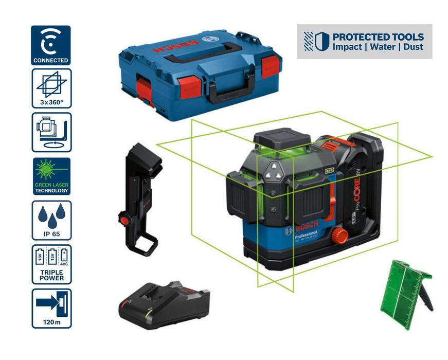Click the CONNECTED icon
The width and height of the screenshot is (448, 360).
(51, 45)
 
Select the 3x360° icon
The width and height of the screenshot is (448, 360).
(51, 88)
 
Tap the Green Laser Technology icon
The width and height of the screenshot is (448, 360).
(51, 176)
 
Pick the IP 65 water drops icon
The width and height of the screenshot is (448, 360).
(51, 220)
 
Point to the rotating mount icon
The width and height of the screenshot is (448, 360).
(51, 132)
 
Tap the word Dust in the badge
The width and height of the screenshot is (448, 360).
(413, 47)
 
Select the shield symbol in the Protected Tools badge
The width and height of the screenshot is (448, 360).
(321, 41)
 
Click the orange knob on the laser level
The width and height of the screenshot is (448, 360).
(337, 237)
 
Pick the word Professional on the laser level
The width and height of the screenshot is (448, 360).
(308, 236)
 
